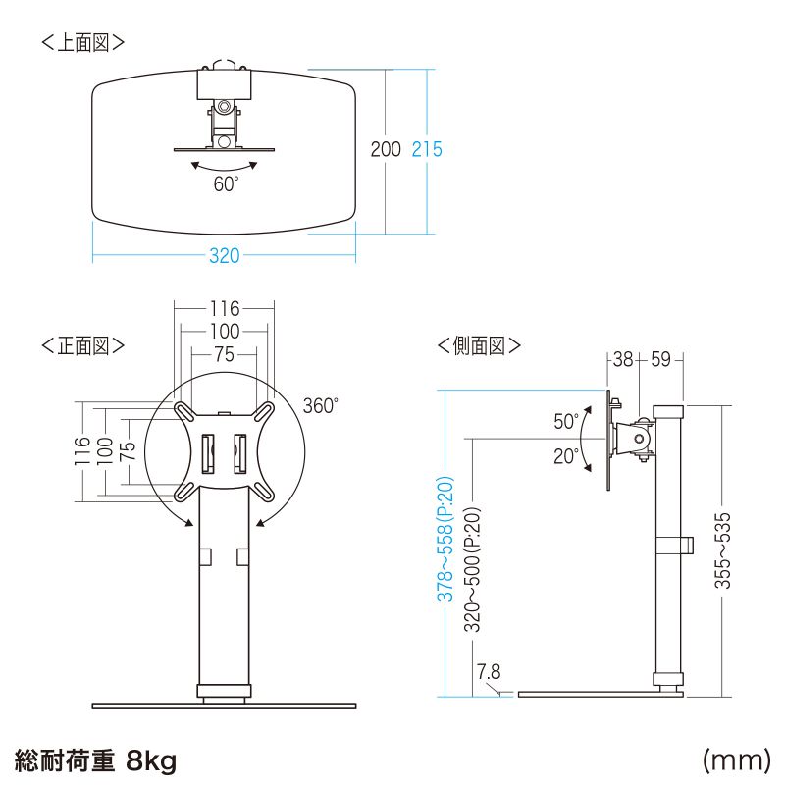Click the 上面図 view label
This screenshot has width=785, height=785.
point(82,43)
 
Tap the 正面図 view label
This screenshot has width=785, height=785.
point(82,345)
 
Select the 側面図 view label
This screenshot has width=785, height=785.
point(479,345)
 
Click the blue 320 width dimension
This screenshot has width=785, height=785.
point(224,256)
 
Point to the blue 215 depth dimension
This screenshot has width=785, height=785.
point(427,149)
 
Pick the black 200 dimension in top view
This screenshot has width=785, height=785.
point(386,149)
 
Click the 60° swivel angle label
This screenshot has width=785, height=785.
point(226,183)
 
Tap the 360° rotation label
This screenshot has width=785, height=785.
point(320,405)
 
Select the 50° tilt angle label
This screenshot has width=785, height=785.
point(566,422)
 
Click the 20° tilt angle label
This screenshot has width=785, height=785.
point(566,456)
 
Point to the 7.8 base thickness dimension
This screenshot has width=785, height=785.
point(489,672)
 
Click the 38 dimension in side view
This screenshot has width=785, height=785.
point(623,359)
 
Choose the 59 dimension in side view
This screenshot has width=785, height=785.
point(660,359)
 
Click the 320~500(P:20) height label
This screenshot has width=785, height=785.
point(472,569)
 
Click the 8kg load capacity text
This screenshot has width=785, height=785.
point(150,759)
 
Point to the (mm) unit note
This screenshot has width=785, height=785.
point(736,759)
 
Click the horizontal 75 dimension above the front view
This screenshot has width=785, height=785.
point(225,355)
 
